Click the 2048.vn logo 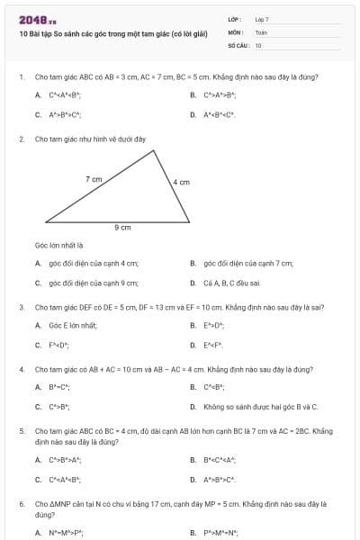(x=37, y=19)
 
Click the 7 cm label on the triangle (x=94, y=180)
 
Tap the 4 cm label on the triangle (x=181, y=183)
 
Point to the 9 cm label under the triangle (x=122, y=228)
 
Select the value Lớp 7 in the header (x=262, y=19)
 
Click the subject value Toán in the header (x=261, y=31)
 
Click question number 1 (x=21, y=77)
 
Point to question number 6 (x=21, y=505)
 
